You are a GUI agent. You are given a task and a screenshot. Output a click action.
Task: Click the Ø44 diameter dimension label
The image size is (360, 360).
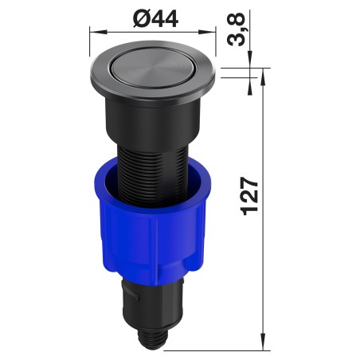click(156, 19)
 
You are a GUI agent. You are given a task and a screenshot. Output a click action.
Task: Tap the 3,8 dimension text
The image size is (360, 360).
click(236, 29)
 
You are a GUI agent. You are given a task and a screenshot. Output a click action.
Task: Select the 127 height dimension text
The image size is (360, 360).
click(249, 196)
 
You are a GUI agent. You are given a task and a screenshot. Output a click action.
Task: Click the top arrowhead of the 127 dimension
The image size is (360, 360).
click(263, 76)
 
